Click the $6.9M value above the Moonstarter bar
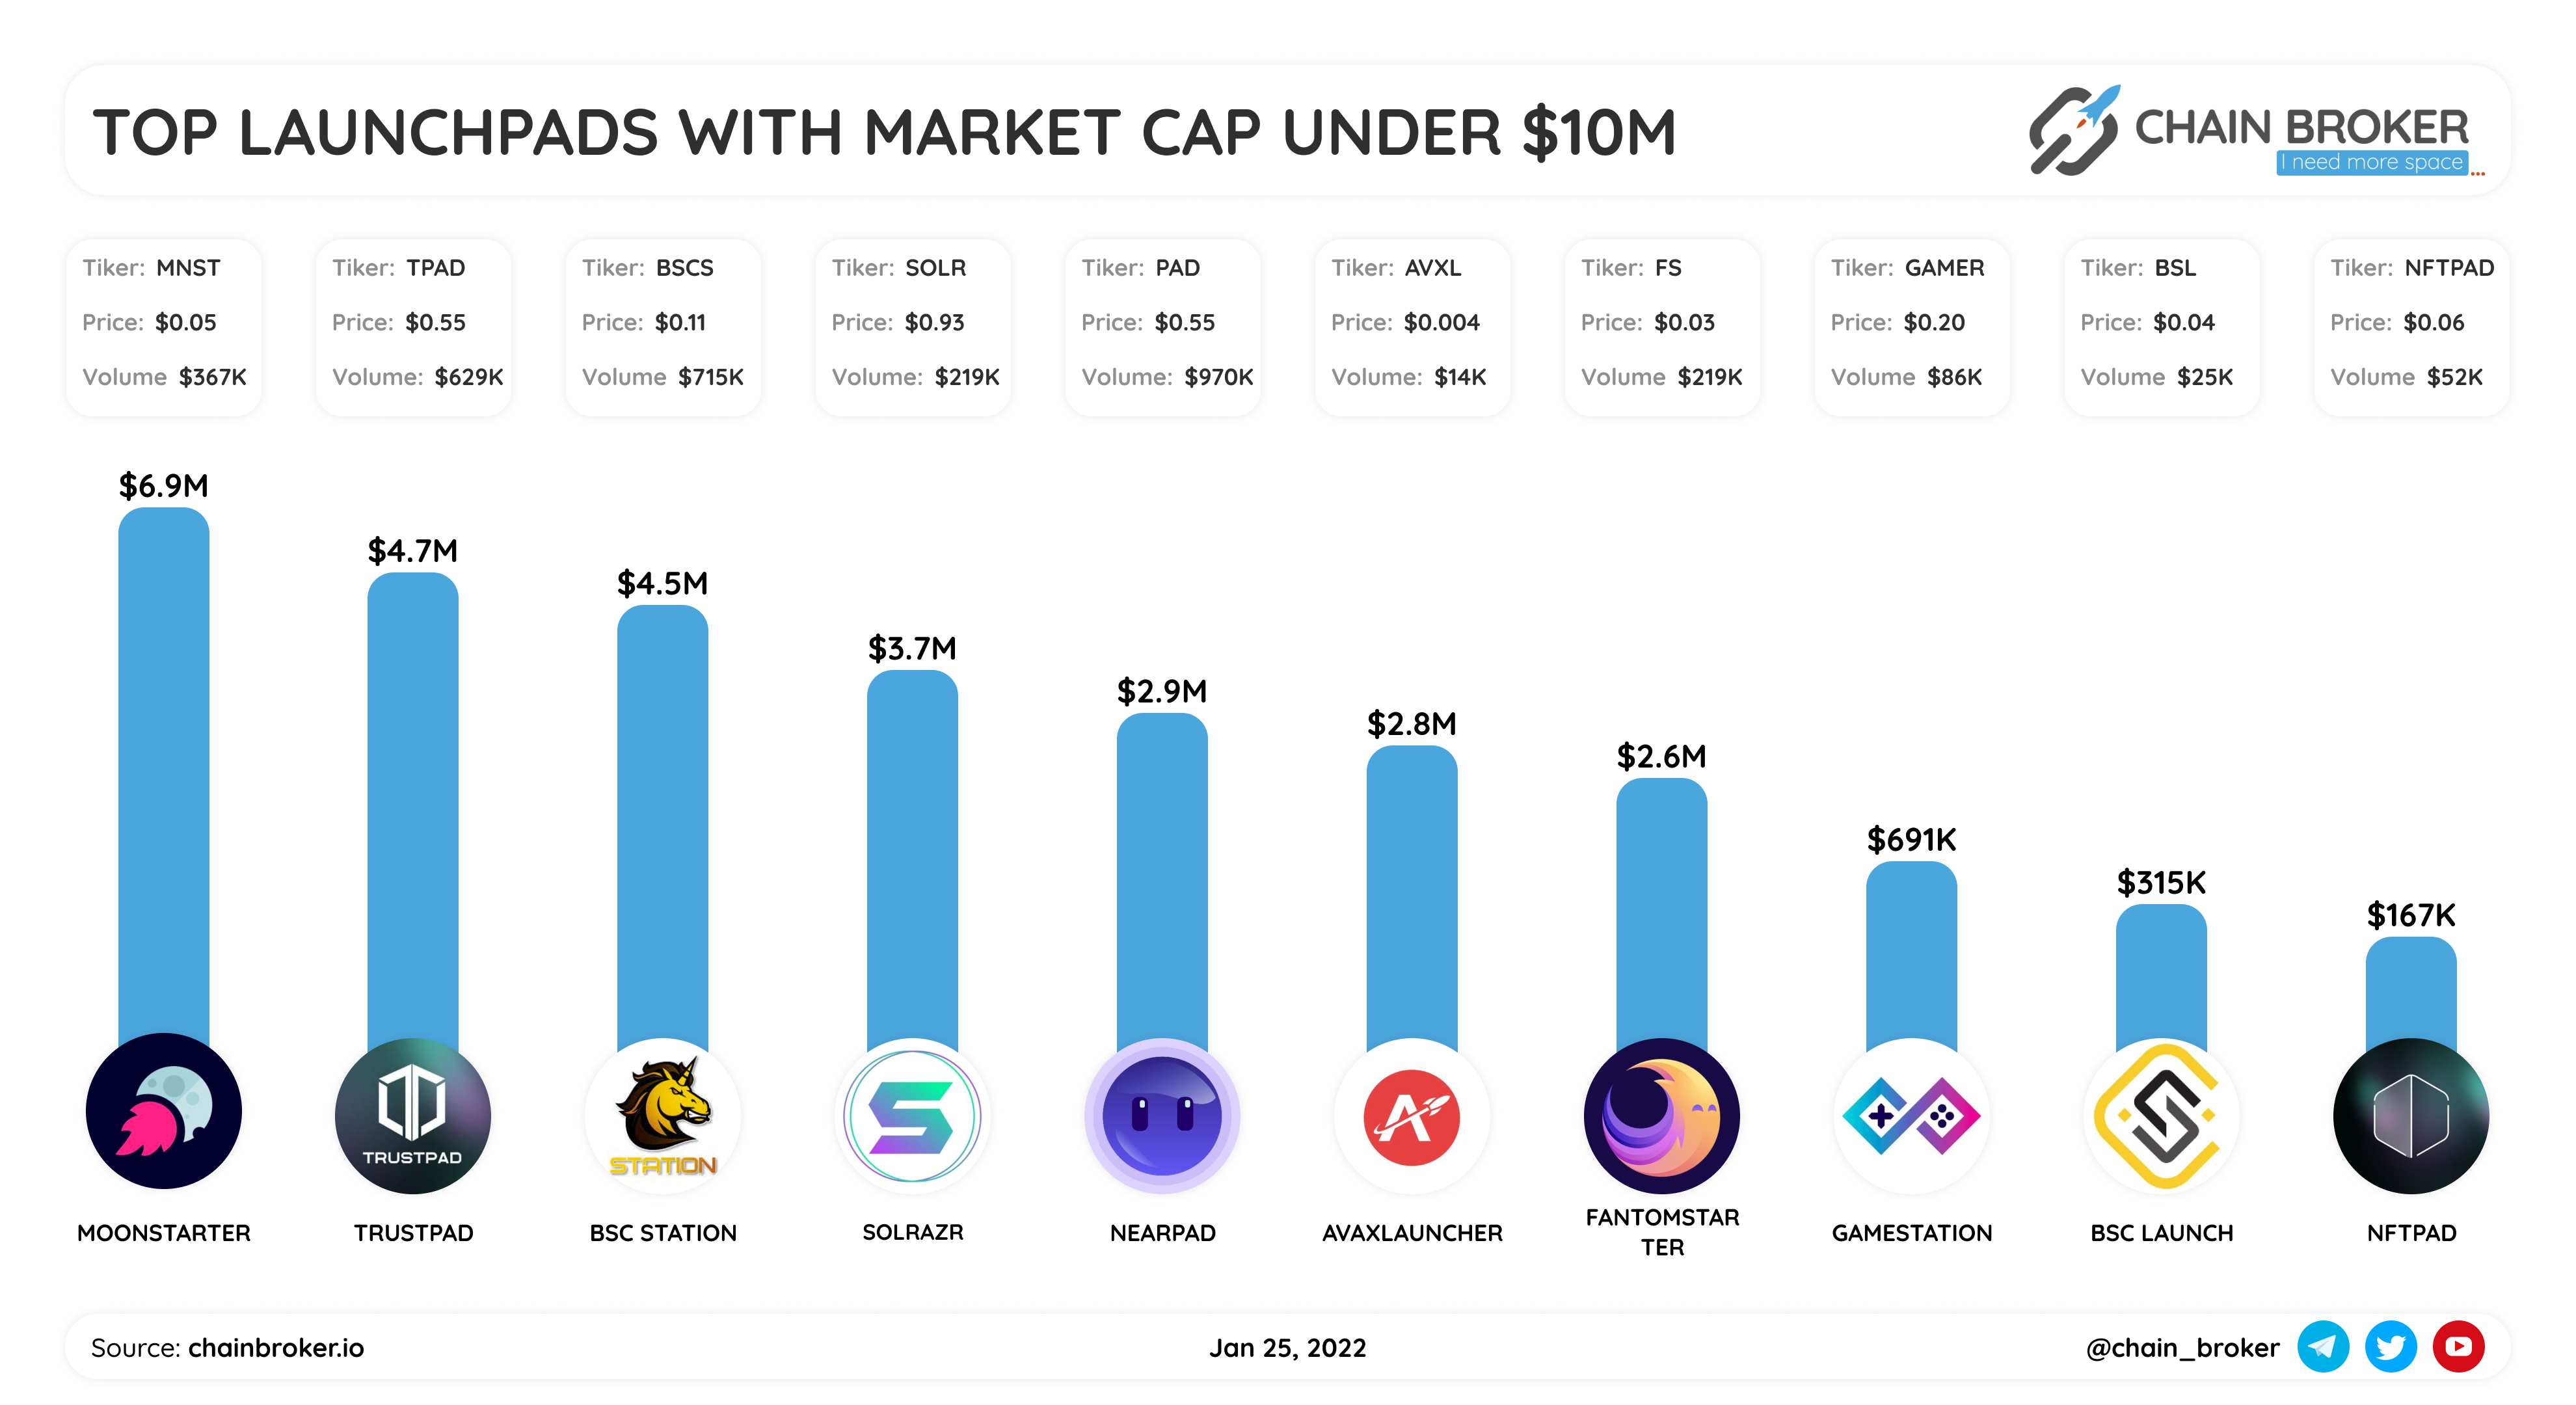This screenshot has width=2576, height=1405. (x=163, y=486)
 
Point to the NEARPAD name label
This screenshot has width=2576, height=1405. (x=1162, y=1233)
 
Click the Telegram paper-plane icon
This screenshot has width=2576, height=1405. (x=2322, y=1347)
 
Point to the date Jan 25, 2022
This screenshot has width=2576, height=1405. (x=1287, y=1348)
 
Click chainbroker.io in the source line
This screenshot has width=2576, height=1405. (x=276, y=1348)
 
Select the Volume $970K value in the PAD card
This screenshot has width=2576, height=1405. (x=1218, y=377)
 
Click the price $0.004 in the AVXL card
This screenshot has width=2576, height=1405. (x=1441, y=322)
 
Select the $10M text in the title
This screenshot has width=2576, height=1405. (x=1598, y=133)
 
